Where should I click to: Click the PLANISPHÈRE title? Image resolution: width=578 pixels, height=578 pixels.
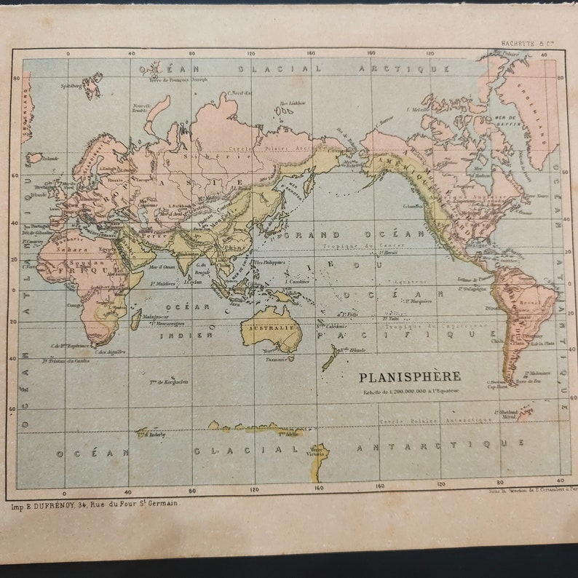click(409, 376)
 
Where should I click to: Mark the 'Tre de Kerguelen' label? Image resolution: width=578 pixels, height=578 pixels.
click(169, 381)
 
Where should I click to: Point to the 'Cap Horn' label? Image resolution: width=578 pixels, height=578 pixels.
click(496, 387)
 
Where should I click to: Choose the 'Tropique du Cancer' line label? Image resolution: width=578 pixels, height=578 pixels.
click(352, 248)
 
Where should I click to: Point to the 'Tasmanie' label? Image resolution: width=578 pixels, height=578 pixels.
click(275, 360)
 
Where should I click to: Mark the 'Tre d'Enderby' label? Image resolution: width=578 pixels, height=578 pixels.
click(152, 435)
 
